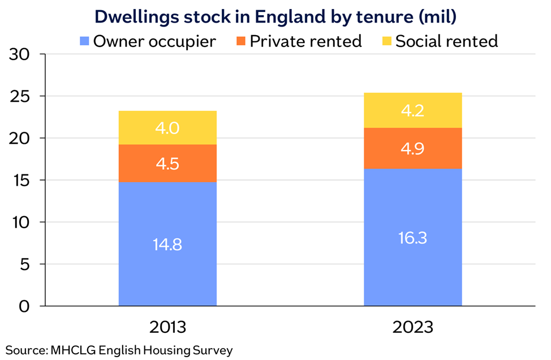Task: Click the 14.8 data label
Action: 167,245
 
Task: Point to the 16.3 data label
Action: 412,237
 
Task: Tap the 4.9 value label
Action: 412,149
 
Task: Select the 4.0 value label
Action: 167,128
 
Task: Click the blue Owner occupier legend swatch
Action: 84,41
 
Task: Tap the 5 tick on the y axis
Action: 25,264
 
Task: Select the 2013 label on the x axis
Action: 167,327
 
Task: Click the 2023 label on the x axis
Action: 412,327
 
